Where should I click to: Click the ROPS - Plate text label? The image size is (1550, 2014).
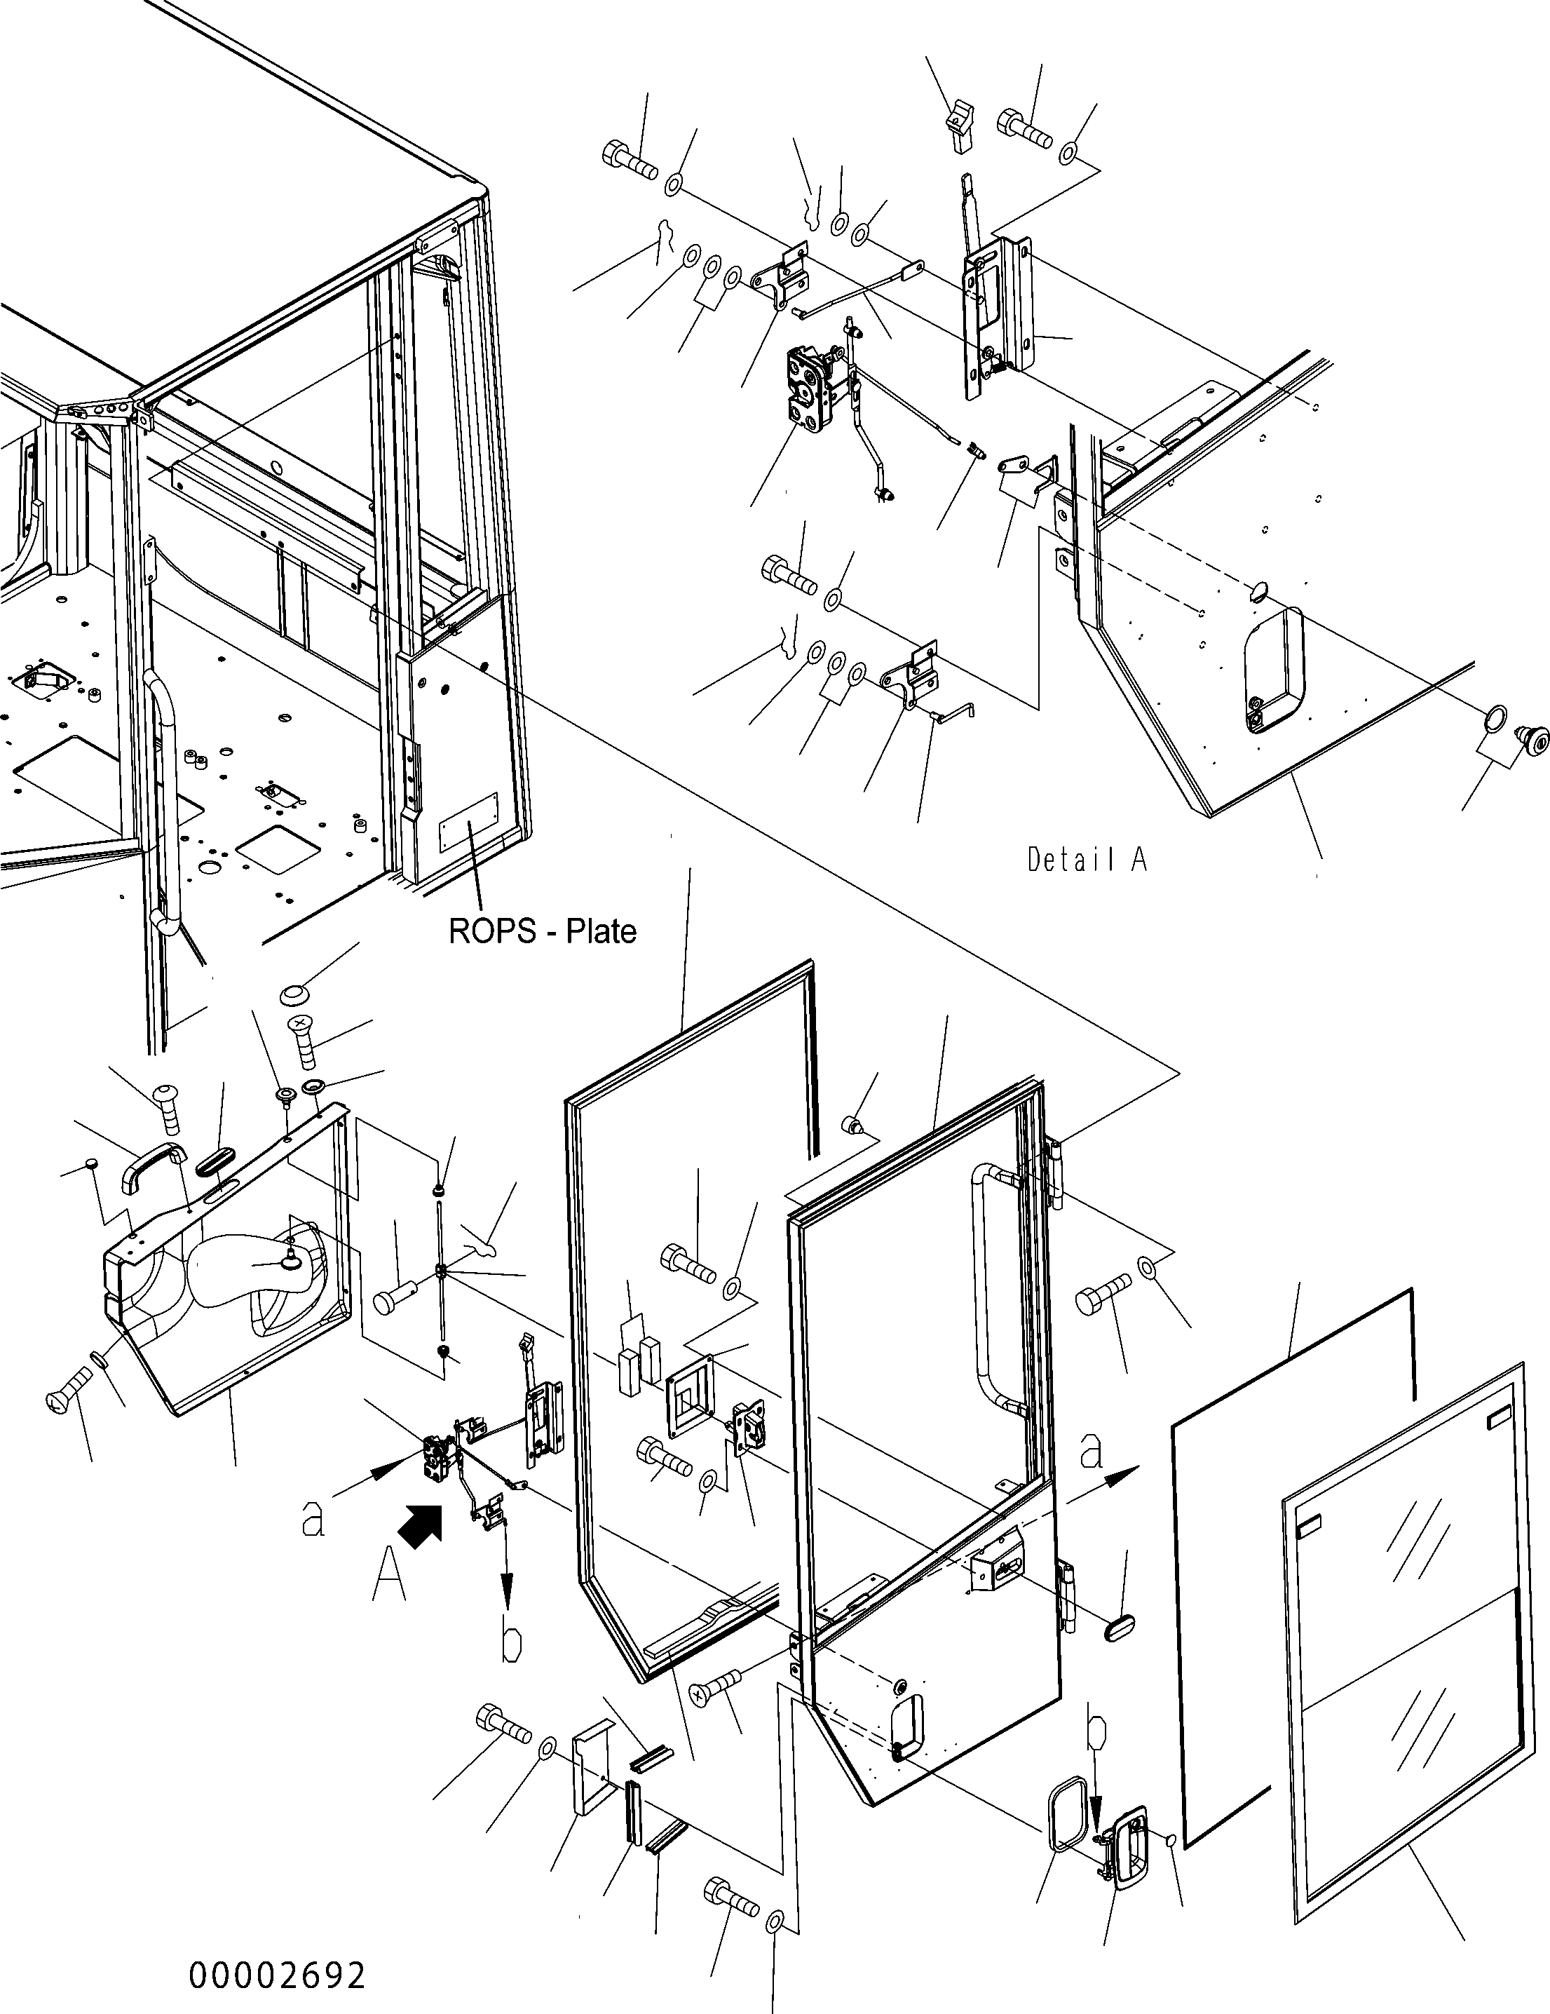(x=542, y=931)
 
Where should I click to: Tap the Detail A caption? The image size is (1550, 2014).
(x=1087, y=860)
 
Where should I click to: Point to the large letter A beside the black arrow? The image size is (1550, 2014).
(x=388, y=1578)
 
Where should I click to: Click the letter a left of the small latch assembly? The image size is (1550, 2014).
(x=313, y=1519)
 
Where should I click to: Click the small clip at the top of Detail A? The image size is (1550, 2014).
(x=960, y=129)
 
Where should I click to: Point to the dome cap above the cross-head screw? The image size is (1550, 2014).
(x=293, y=995)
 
